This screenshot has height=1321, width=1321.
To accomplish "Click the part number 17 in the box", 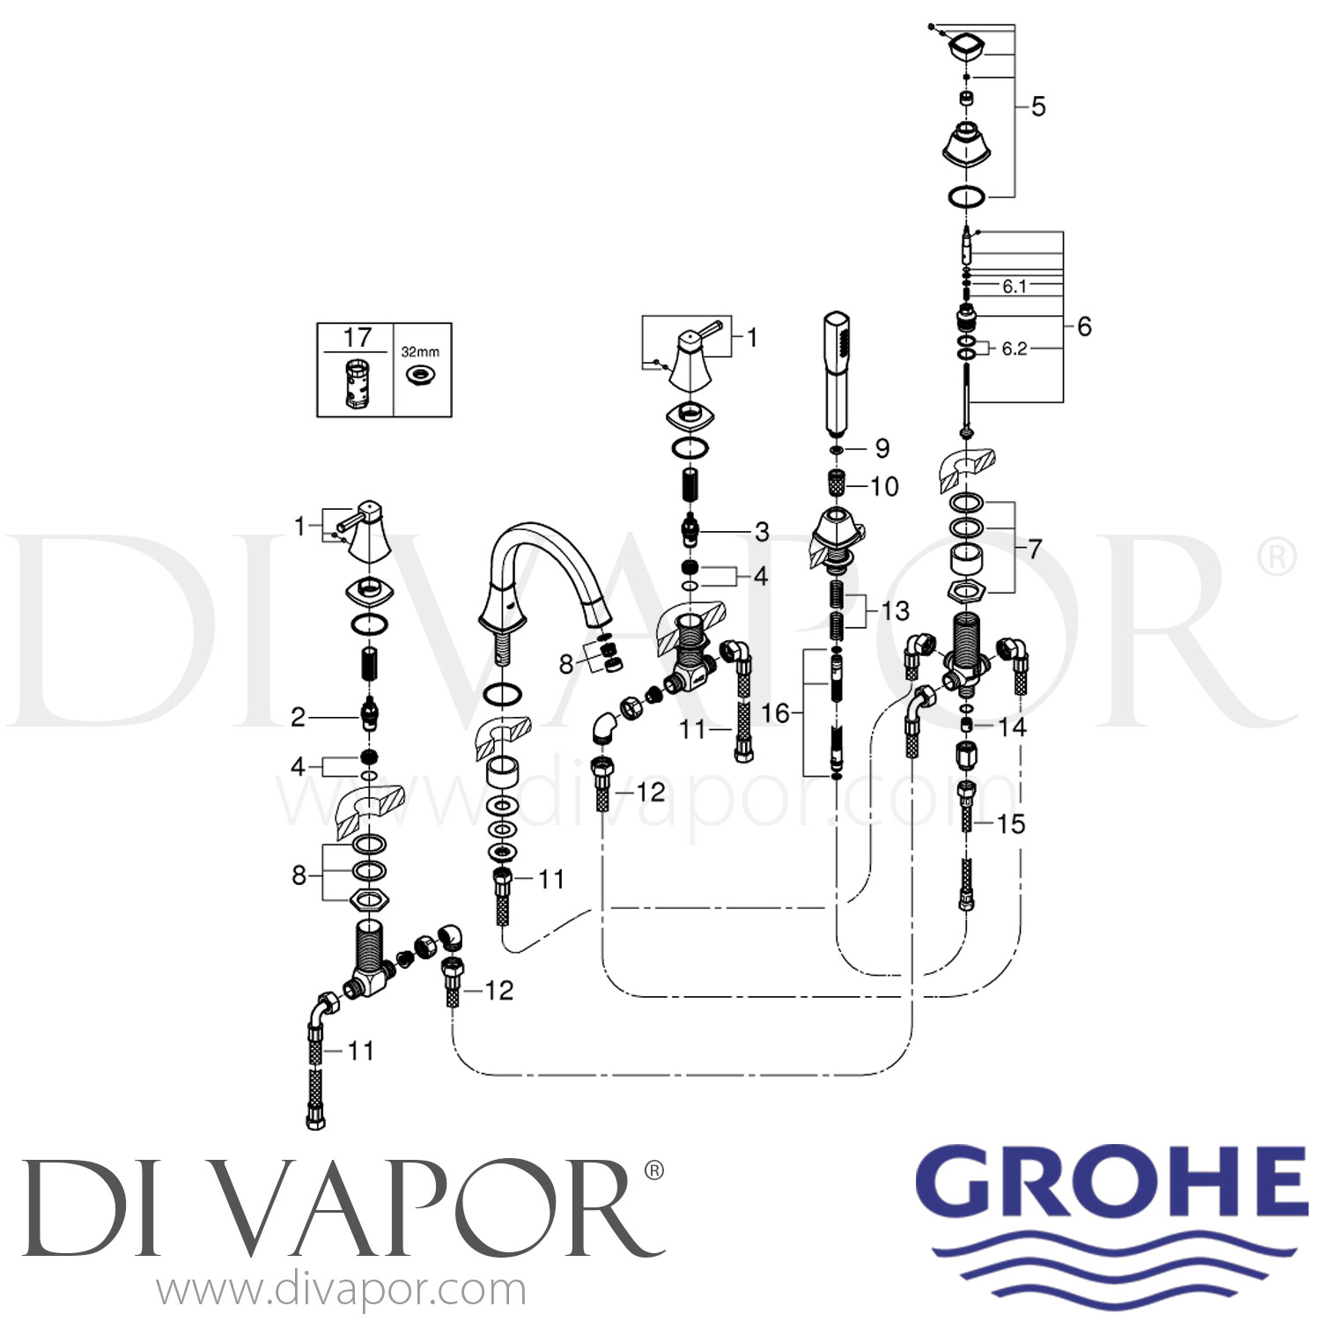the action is [x=358, y=337].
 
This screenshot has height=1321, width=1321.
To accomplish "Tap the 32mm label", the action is [x=420, y=351].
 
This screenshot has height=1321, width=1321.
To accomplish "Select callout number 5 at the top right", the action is [x=1038, y=107].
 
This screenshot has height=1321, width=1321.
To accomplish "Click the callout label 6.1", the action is [x=1015, y=286].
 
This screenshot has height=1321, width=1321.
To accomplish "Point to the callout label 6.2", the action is [x=1015, y=349].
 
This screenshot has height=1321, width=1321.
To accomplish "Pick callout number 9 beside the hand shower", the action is [x=882, y=448].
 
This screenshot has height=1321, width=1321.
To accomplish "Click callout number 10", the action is [x=883, y=486].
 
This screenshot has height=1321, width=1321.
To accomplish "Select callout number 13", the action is [x=895, y=610].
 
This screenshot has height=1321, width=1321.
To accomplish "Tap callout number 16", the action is [x=775, y=712].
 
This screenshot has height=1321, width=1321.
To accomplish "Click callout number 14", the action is [x=1013, y=727].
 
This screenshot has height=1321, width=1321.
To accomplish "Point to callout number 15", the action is [x=1011, y=823].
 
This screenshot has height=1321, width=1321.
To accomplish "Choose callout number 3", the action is [x=762, y=531].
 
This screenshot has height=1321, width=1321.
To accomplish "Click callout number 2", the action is [x=299, y=718].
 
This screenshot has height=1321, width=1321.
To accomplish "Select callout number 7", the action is [x=1034, y=549].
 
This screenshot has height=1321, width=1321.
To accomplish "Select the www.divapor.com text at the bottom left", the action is [x=341, y=1289].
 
